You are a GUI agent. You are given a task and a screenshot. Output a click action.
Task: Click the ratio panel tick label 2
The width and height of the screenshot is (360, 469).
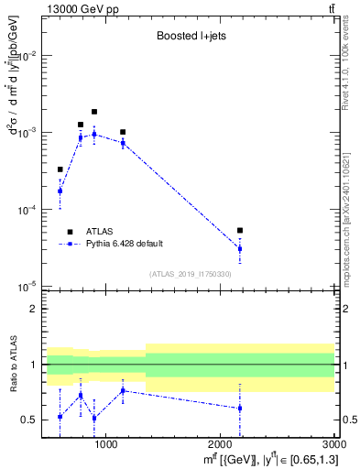click(33, 310)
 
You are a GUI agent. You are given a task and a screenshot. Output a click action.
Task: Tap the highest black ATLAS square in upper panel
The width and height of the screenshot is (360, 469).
click(94, 112)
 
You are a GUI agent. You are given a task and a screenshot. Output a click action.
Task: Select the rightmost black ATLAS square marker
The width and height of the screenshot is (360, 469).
click(240, 231)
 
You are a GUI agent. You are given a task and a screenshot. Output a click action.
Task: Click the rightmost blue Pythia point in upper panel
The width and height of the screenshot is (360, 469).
click(240, 248)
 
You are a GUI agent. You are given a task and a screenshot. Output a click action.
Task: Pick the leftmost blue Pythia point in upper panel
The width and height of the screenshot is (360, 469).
click(60, 191)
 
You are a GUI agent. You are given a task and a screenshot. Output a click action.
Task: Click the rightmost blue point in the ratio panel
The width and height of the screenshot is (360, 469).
click(240, 409)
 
